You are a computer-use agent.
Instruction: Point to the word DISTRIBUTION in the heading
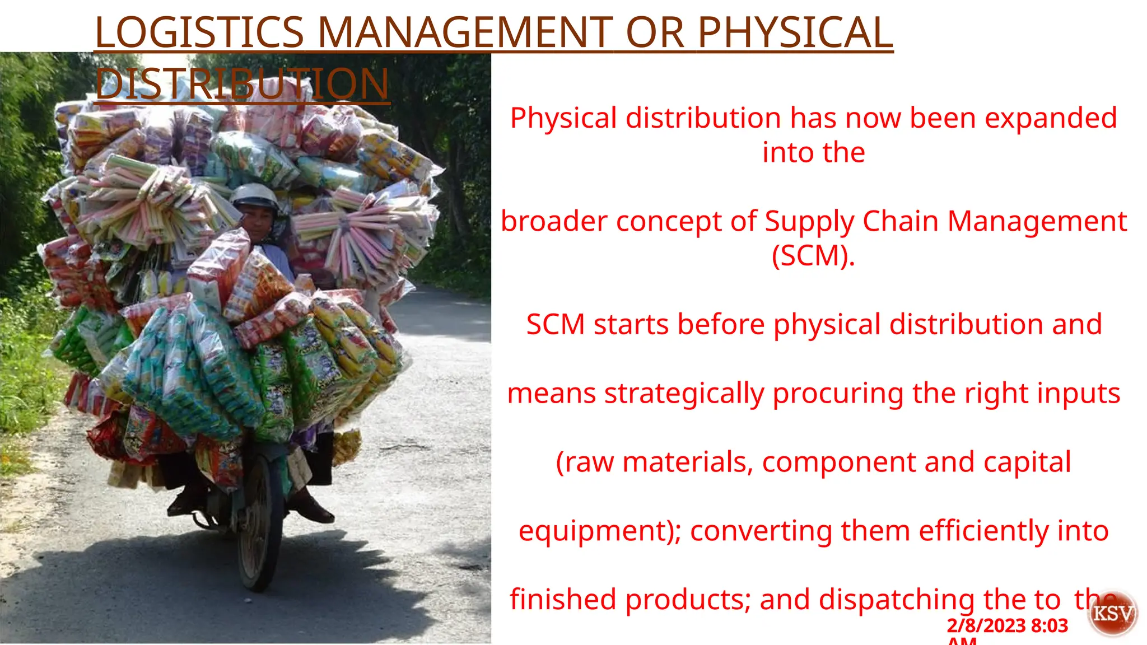pyautogui.click(x=242, y=84)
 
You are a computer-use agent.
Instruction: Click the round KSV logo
pyautogui.click(x=1113, y=613)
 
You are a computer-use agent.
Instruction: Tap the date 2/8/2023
pyautogui.click(x=986, y=625)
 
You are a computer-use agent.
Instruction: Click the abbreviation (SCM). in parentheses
pyautogui.click(x=813, y=256)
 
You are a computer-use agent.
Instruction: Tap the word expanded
pyautogui.click(x=1051, y=119)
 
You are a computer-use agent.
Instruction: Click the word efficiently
pyautogui.click(x=983, y=531)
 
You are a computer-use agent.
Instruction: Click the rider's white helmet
pyautogui.click(x=255, y=195)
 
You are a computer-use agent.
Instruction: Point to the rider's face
pyautogui.click(x=258, y=221)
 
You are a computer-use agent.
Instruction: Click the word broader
pyautogui.click(x=554, y=221)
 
